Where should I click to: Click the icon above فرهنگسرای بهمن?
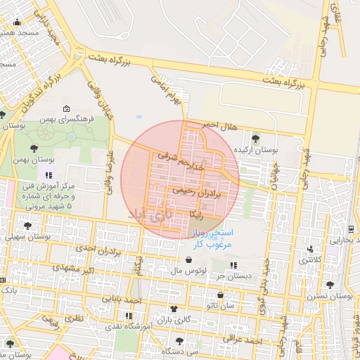[66, 109]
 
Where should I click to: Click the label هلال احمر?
[216, 124]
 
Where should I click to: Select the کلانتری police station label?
[309, 261]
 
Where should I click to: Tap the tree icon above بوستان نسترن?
[330, 284]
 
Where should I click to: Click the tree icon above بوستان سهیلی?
[27, 226]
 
